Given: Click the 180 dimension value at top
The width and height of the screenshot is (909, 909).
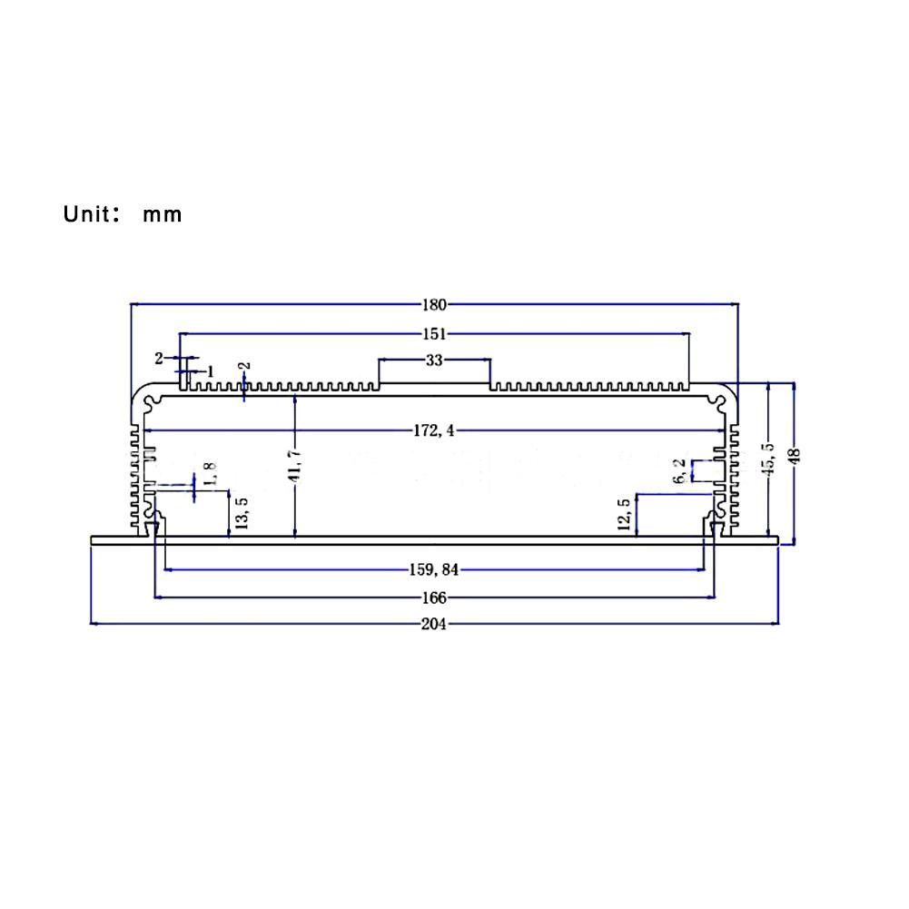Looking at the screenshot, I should coord(434,305).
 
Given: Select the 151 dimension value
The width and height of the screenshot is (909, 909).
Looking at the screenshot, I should coord(434,332).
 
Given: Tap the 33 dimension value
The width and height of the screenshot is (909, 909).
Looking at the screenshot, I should coord(434,361).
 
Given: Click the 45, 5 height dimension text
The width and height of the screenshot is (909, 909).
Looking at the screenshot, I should coord(769,459).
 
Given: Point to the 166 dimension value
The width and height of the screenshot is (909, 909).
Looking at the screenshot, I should coord(434,598).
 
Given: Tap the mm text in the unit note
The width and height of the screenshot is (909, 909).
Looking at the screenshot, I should coord(162,216).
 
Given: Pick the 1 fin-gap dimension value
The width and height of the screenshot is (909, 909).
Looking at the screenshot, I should coord(211,371).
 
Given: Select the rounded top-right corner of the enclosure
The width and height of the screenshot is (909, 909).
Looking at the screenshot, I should coord(726,391).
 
